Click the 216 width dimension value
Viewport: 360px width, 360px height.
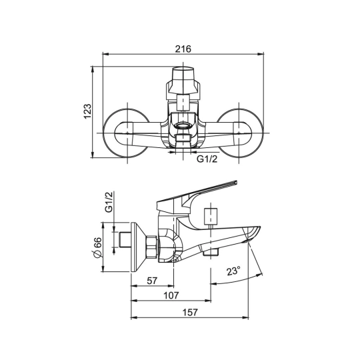click(183, 49)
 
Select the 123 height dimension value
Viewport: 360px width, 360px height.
click(87, 111)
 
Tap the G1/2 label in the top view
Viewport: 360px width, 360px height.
click(207, 159)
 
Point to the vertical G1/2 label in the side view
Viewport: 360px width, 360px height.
click(109, 203)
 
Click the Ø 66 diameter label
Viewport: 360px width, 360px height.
click(98, 248)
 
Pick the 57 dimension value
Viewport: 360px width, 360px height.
click(152, 281)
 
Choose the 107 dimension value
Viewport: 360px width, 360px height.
click(171, 295)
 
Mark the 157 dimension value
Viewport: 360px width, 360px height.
click(190, 312)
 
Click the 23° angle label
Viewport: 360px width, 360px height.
click(233, 271)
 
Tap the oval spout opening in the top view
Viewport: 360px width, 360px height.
click(183, 125)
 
